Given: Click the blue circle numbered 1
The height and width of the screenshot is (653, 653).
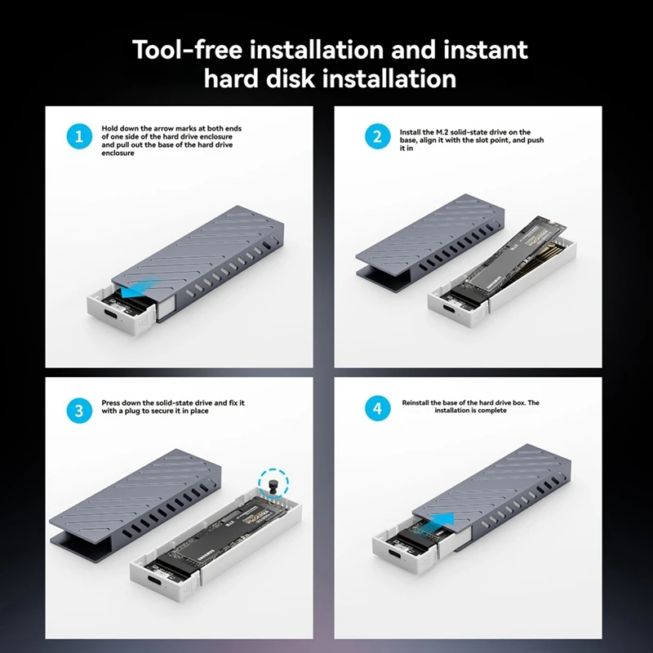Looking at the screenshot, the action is tap(79, 136).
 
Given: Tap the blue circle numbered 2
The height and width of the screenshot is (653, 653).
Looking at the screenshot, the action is tap(377, 136).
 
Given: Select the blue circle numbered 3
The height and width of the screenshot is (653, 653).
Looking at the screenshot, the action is tap(79, 411).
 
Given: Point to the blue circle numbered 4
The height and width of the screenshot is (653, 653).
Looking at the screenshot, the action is tap(377, 408).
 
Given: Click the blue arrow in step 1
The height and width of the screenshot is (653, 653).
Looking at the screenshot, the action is tap(136, 289).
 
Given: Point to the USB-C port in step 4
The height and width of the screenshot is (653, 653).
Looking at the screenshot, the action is tap(396, 555).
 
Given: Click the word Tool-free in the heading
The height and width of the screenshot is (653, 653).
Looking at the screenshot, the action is tap(188, 50).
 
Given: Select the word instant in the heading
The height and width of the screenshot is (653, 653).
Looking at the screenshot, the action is tap(486, 50).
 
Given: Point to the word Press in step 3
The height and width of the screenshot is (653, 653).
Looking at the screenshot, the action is tap(111, 402).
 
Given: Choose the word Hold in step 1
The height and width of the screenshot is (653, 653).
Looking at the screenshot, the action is tap(109, 128).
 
